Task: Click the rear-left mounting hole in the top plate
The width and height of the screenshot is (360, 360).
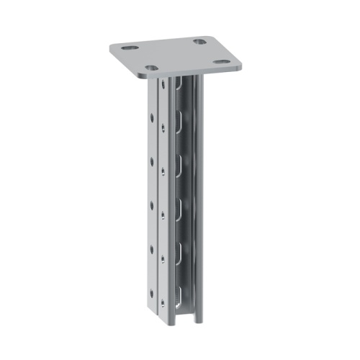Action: [x=130, y=48]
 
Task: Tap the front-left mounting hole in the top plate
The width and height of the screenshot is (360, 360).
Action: [x=151, y=68]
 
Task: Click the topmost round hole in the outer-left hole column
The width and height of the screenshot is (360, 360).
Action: [x=151, y=117]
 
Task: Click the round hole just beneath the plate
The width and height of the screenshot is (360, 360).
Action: [x=163, y=86]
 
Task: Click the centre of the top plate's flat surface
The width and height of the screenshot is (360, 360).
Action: [x=176, y=55]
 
